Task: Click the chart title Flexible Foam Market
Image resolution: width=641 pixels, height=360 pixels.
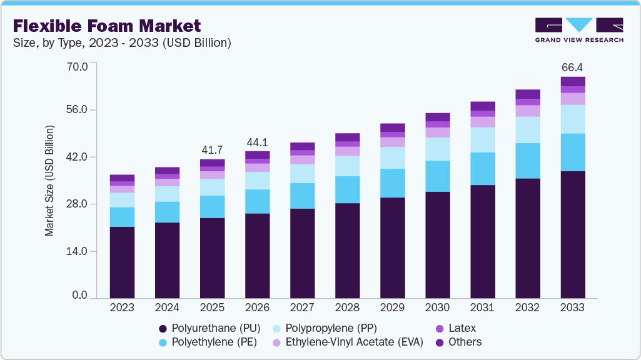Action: (107, 26)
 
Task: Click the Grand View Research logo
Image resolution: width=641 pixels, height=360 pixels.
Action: (579, 30)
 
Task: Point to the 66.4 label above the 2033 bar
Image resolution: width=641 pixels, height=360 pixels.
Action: (572, 67)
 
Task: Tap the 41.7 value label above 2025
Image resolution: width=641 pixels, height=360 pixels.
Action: (212, 150)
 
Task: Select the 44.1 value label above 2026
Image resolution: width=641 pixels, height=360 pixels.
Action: (257, 142)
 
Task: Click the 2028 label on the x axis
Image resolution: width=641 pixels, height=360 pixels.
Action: (347, 307)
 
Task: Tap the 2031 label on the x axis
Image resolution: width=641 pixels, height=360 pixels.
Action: (482, 307)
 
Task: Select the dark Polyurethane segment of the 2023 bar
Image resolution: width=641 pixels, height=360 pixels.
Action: (122, 262)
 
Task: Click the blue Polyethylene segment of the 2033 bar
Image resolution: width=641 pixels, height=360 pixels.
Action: (572, 152)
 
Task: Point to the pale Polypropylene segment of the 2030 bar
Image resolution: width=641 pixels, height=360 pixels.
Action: (437, 149)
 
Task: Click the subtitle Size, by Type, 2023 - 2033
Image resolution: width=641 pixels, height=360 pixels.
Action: (123, 43)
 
